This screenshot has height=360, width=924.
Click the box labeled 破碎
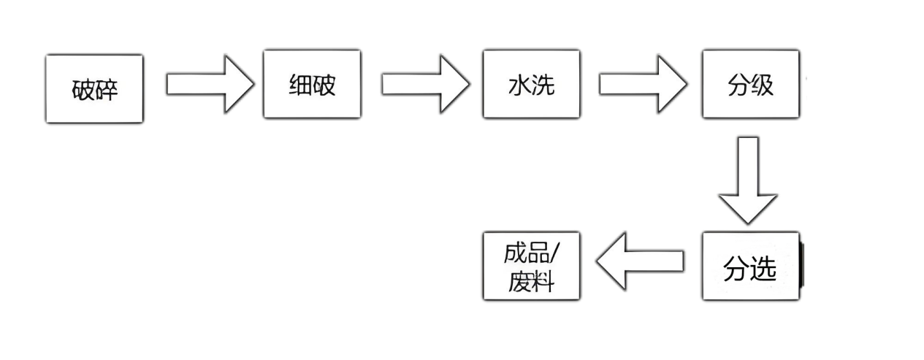[x=95, y=89]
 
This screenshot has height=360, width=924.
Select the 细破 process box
[x=312, y=84]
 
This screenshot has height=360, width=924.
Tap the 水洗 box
[x=530, y=84]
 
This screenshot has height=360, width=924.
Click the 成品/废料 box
[x=530, y=266]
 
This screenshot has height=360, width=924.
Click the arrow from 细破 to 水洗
[x=424, y=83]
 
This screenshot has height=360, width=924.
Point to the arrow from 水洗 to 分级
[x=643, y=83]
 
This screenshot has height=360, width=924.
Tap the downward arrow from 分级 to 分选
[x=751, y=179]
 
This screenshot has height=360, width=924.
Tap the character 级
[x=762, y=85]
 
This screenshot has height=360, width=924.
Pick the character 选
[x=763, y=269]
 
